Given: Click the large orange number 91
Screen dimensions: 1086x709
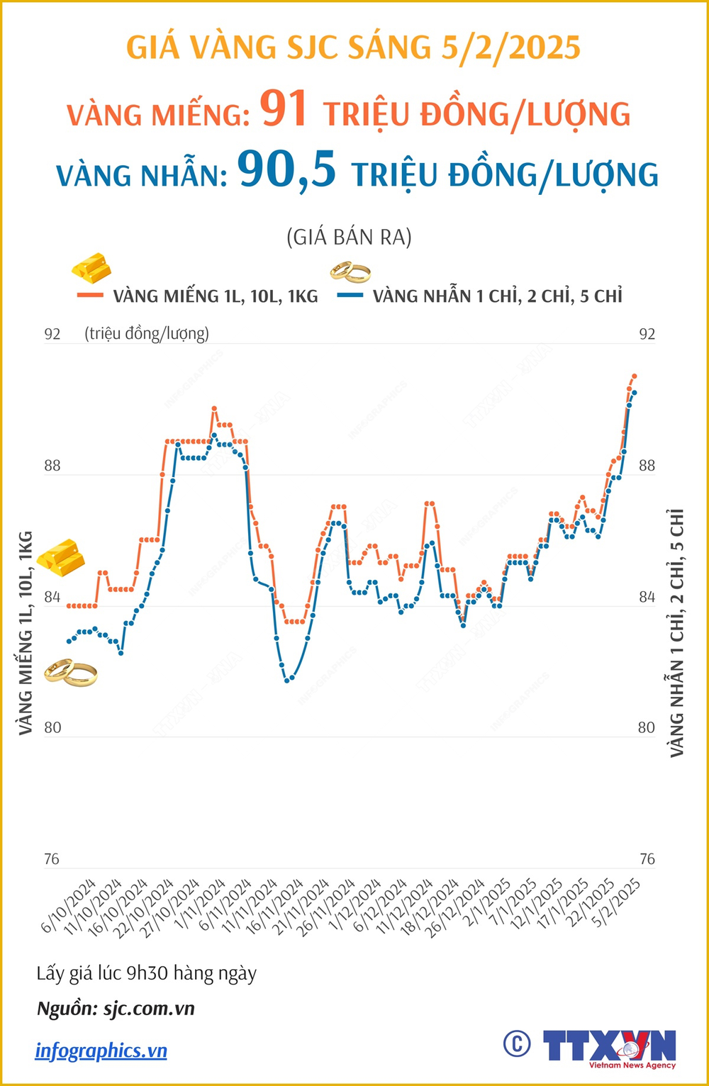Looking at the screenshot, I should (284, 110).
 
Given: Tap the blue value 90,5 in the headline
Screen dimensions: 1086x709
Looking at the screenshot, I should (287, 170).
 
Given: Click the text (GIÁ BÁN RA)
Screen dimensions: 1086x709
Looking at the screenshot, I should (349, 237).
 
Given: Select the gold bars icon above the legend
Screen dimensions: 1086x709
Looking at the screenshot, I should (91, 267).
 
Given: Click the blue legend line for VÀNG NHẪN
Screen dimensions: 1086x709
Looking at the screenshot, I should (351, 296).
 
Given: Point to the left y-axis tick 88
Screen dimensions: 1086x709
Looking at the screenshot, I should (52, 466).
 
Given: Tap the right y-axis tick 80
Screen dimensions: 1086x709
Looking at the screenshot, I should (646, 728).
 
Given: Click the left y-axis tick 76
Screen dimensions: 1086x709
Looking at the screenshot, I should (52, 859).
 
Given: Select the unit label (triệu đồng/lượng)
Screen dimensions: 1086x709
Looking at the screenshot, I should (147, 333).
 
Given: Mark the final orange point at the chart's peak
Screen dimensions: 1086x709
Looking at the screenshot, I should (635, 376).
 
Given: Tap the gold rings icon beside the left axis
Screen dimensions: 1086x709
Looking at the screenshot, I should (70, 673).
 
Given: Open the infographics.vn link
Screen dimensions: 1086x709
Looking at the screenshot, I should (101, 1050).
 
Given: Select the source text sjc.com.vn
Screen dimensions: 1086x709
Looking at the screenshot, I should (149, 1009).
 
